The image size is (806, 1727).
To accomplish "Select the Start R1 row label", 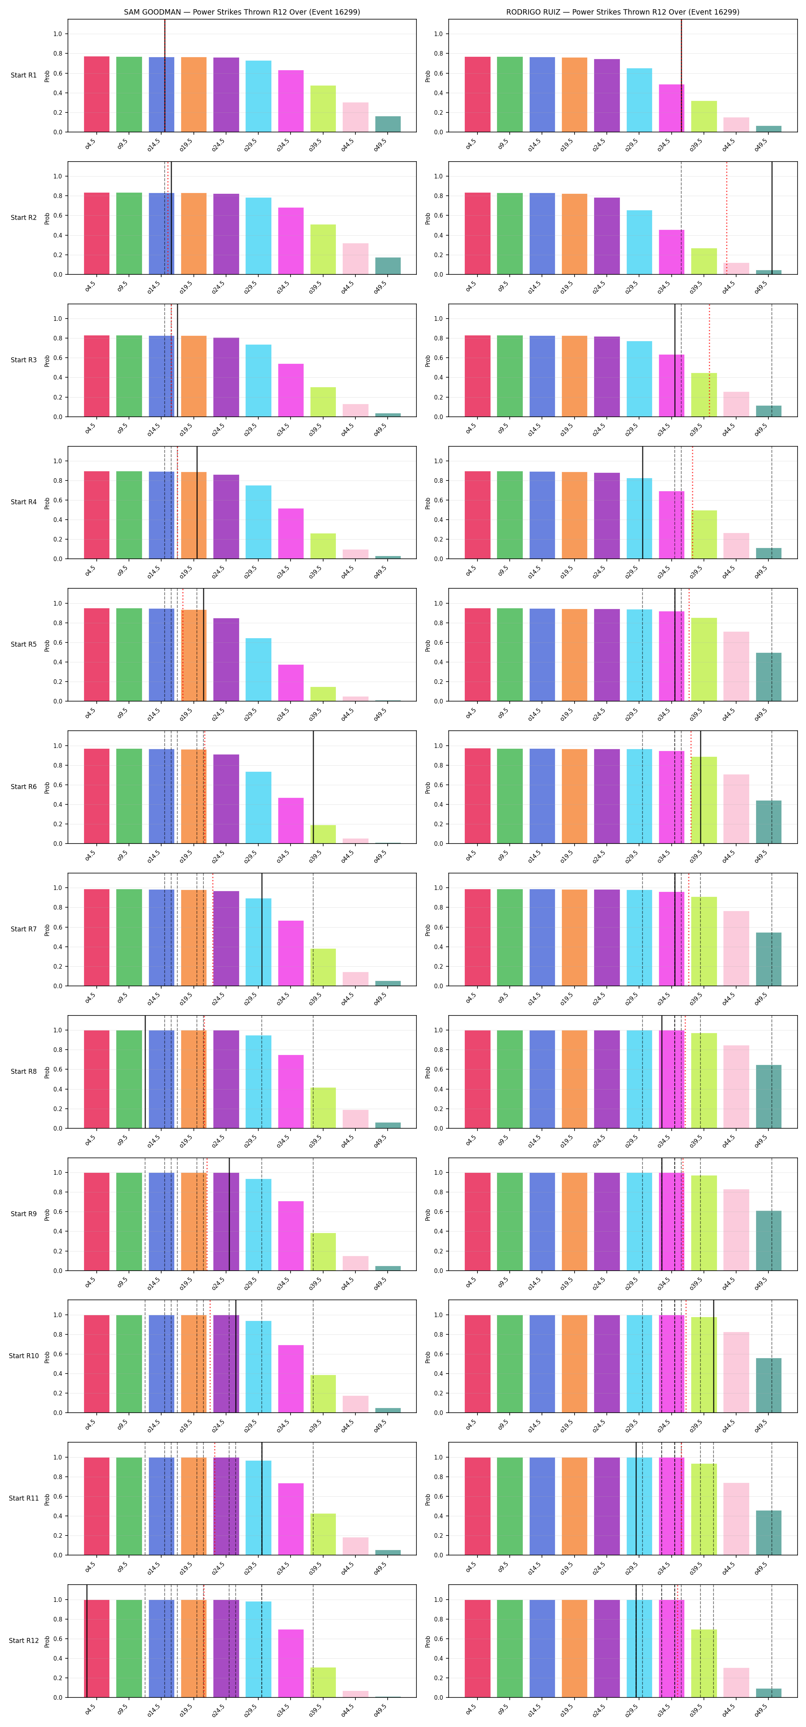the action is pyautogui.click(x=23, y=75).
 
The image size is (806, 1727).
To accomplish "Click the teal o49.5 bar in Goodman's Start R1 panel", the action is pyautogui.click(x=388, y=124).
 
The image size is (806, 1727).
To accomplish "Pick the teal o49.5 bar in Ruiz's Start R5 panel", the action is pyautogui.click(x=768, y=677).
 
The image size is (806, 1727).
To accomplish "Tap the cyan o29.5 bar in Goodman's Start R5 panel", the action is pyautogui.click(x=258, y=670).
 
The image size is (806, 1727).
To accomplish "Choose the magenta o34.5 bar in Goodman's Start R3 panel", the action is pyautogui.click(x=291, y=390).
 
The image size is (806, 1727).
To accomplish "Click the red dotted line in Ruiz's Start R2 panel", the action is pyautogui.click(x=726, y=218).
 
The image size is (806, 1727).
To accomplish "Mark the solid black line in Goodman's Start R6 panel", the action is pyautogui.click(x=313, y=787).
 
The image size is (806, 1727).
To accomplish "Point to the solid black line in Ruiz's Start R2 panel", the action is pyautogui.click(x=772, y=218).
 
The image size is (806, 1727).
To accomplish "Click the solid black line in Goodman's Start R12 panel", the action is pyautogui.click(x=86, y=1641).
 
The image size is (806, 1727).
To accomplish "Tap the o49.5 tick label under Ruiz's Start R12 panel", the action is pyautogui.click(x=761, y=1710).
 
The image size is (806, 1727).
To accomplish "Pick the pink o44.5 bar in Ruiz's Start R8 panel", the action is pyautogui.click(x=736, y=1087).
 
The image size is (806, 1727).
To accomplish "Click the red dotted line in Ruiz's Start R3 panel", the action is pyautogui.click(x=709, y=360).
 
